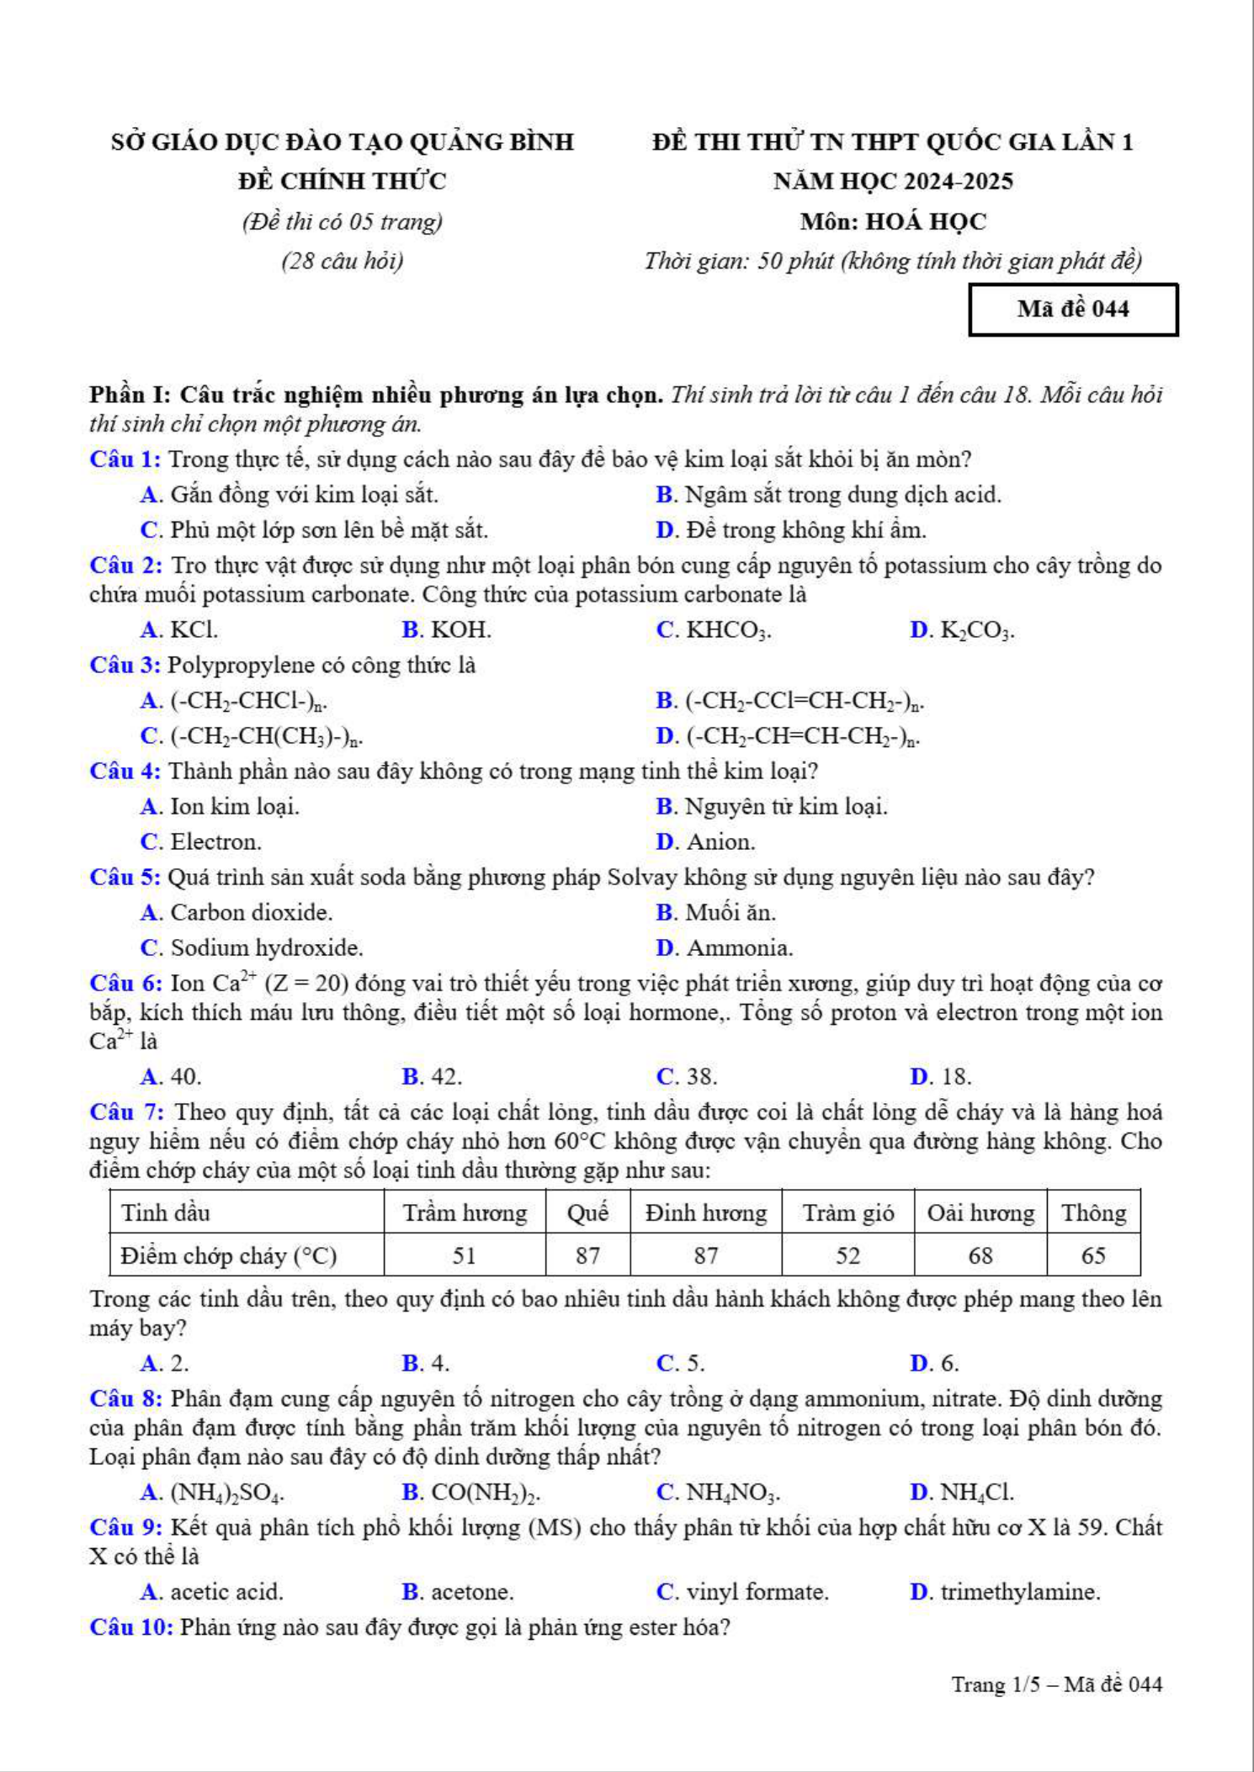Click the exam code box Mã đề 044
1073,310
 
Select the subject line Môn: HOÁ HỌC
893,221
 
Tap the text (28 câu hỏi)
342,261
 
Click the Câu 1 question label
125,459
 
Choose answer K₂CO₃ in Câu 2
964,630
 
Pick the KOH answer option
447,630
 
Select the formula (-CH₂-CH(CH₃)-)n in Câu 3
252,736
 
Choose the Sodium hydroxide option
252,948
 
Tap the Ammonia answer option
725,948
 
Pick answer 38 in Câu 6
688,1077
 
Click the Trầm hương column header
465,1212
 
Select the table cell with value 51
465,1255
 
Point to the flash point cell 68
980,1255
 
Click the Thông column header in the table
1093,1212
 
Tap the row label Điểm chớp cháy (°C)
229,1255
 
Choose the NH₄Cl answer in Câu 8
963,1493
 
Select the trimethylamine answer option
1007,1592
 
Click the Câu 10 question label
131,1627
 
